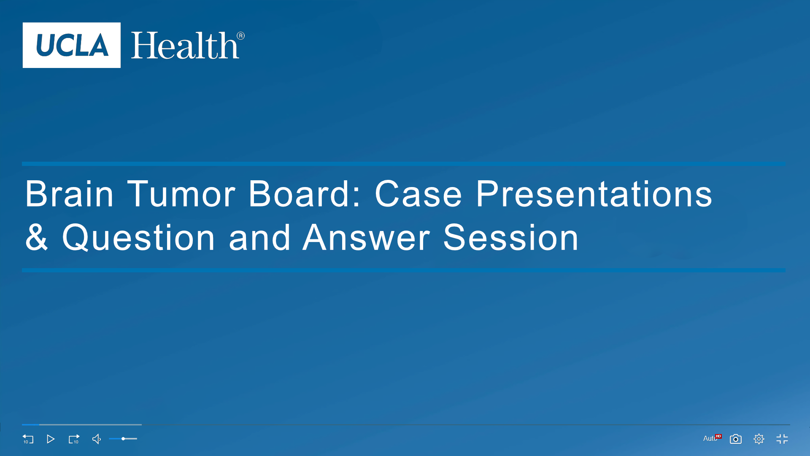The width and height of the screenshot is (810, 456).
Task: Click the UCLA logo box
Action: pyautogui.click(x=72, y=45)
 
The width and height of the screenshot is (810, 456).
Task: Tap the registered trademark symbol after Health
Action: pyautogui.click(x=240, y=36)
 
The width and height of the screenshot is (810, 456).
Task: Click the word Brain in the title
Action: pyautogui.click(x=69, y=194)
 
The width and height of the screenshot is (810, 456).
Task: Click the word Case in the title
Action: pyautogui.click(x=418, y=194)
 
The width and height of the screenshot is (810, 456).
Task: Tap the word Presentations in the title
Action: pyautogui.click(x=594, y=194)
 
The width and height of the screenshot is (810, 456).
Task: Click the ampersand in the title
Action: pyautogui.click(x=36, y=237)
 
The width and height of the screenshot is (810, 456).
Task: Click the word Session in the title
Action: pyautogui.click(x=510, y=237)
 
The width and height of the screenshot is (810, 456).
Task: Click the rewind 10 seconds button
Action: pyautogui.click(x=28, y=439)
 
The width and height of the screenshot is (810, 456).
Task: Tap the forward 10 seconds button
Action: pyautogui.click(x=74, y=439)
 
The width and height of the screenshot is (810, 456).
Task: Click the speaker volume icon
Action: pyautogui.click(x=97, y=439)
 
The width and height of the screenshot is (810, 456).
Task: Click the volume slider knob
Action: pyautogui.click(x=123, y=439)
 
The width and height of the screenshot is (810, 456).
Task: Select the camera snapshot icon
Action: pyautogui.click(x=736, y=439)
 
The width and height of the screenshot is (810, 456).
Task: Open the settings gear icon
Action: pyautogui.click(x=759, y=439)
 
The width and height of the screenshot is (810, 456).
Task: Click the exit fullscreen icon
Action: pyautogui.click(x=782, y=439)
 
